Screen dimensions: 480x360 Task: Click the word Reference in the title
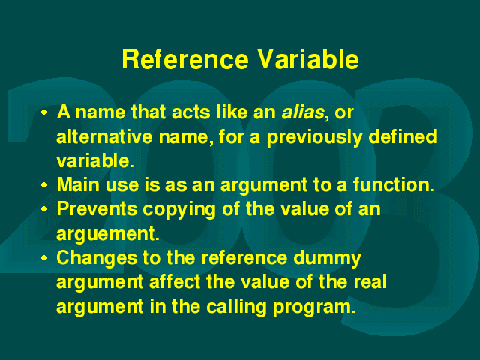185,59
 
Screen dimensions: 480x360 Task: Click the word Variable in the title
307,59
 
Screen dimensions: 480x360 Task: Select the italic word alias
303,112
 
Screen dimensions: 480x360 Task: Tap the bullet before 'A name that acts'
44,112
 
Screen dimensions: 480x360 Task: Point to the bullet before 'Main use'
44,185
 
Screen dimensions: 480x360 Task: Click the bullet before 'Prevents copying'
44,209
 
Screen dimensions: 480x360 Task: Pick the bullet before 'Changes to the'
44,258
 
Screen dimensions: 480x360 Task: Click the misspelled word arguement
108,235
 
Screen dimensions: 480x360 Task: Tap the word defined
403,136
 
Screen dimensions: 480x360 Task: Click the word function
393,185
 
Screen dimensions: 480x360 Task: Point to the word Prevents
97,209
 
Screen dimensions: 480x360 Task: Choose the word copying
179,210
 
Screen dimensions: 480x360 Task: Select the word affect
175,282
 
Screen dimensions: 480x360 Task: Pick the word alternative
104,136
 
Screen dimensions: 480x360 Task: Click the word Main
78,185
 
